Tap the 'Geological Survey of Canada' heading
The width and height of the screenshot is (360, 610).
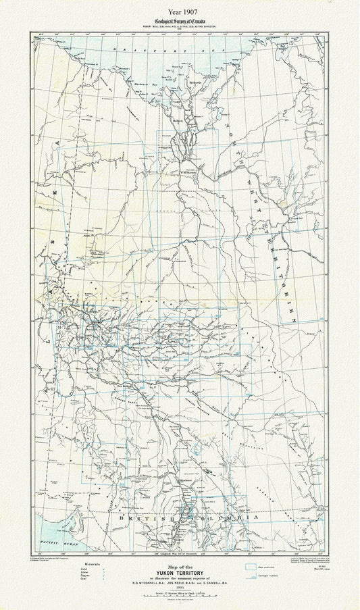point(180,22)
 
